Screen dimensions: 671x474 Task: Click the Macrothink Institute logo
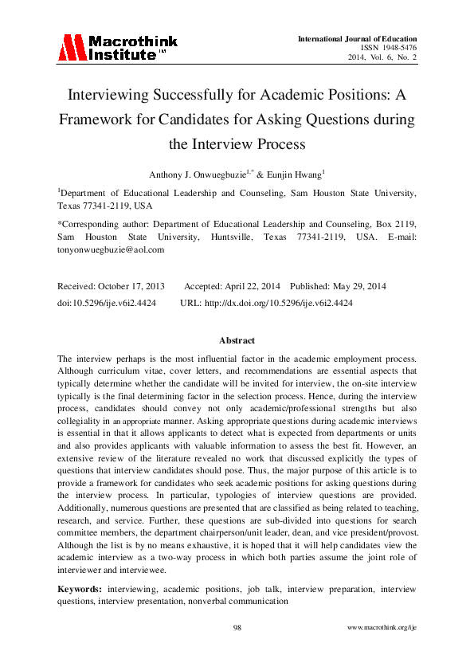[117, 48]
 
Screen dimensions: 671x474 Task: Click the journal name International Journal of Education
[357, 39]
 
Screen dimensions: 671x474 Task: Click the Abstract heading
[237, 339]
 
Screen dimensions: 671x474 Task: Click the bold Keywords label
[79, 588]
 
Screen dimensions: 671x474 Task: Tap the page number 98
[237, 628]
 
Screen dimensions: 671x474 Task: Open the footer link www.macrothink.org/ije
[382, 628]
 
